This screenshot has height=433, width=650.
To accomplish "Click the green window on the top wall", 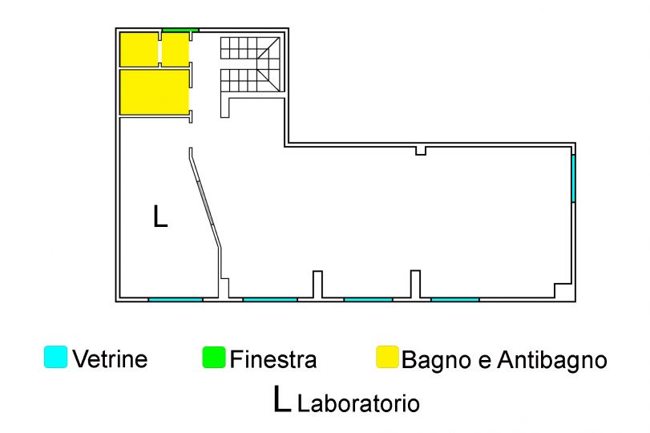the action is [180, 30].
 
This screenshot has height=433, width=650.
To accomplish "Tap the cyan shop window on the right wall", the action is [573, 178].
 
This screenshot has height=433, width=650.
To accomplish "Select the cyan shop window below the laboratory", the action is [176, 299].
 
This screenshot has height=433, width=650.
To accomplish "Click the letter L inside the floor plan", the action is [160, 216].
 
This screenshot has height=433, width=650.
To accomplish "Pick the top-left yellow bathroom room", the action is [139, 50].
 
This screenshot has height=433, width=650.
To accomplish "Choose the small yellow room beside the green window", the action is [176, 50].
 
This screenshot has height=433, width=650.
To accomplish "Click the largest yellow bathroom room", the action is [154, 92].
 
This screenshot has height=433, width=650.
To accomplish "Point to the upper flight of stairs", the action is [250, 48].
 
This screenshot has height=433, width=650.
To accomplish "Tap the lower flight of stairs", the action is [250, 80].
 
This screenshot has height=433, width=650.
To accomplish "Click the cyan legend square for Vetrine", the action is [55, 357].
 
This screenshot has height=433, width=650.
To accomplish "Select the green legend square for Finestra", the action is [214, 357].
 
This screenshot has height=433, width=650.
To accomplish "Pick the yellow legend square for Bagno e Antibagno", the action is [388, 357].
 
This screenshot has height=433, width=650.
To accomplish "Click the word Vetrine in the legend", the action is [111, 358].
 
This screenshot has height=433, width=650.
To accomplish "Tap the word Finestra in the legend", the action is [273, 359].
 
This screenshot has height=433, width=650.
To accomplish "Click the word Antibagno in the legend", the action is [552, 360].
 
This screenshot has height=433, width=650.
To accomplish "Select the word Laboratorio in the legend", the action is [358, 403].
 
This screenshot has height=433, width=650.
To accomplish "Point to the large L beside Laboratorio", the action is [282, 399].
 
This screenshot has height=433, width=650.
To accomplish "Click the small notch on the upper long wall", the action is [421, 151].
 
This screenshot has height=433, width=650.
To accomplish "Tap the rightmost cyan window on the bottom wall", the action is [455, 299].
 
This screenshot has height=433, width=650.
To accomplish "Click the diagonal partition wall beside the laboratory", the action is [204, 199].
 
